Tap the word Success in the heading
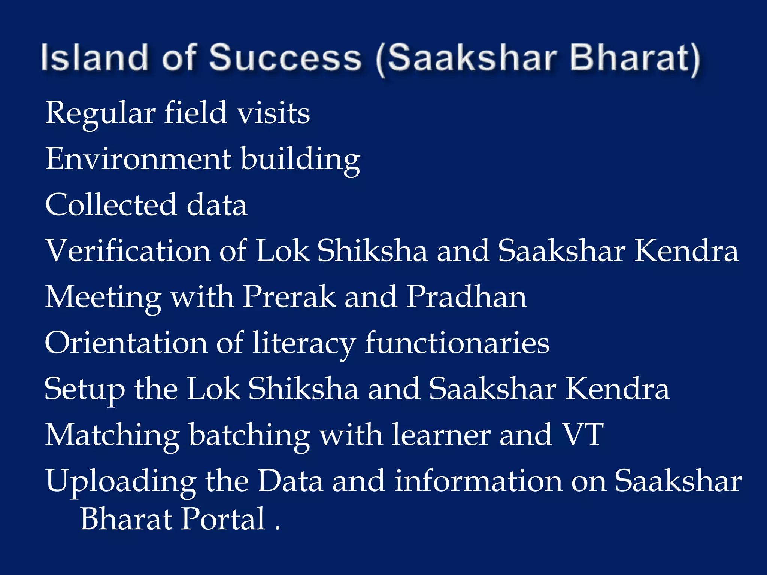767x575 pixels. pyautogui.click(x=285, y=58)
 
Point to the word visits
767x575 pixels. pyautogui.click(x=273, y=113)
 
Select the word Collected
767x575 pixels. pyautogui.click(x=111, y=205)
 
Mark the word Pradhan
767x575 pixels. pyautogui.click(x=467, y=297)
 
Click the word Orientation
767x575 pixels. pyautogui.click(x=126, y=343)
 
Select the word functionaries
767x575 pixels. pyautogui.click(x=457, y=343)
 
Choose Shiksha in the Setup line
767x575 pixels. pyautogui.click(x=303, y=389)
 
